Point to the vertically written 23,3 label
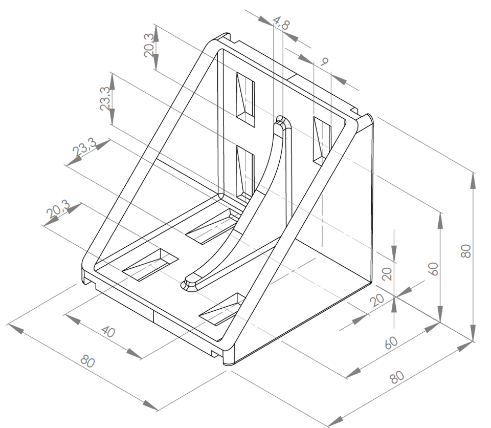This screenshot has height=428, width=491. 105,99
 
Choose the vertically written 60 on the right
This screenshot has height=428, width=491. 433,269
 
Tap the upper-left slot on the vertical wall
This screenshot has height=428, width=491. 245,100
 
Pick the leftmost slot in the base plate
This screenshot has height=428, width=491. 149,264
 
